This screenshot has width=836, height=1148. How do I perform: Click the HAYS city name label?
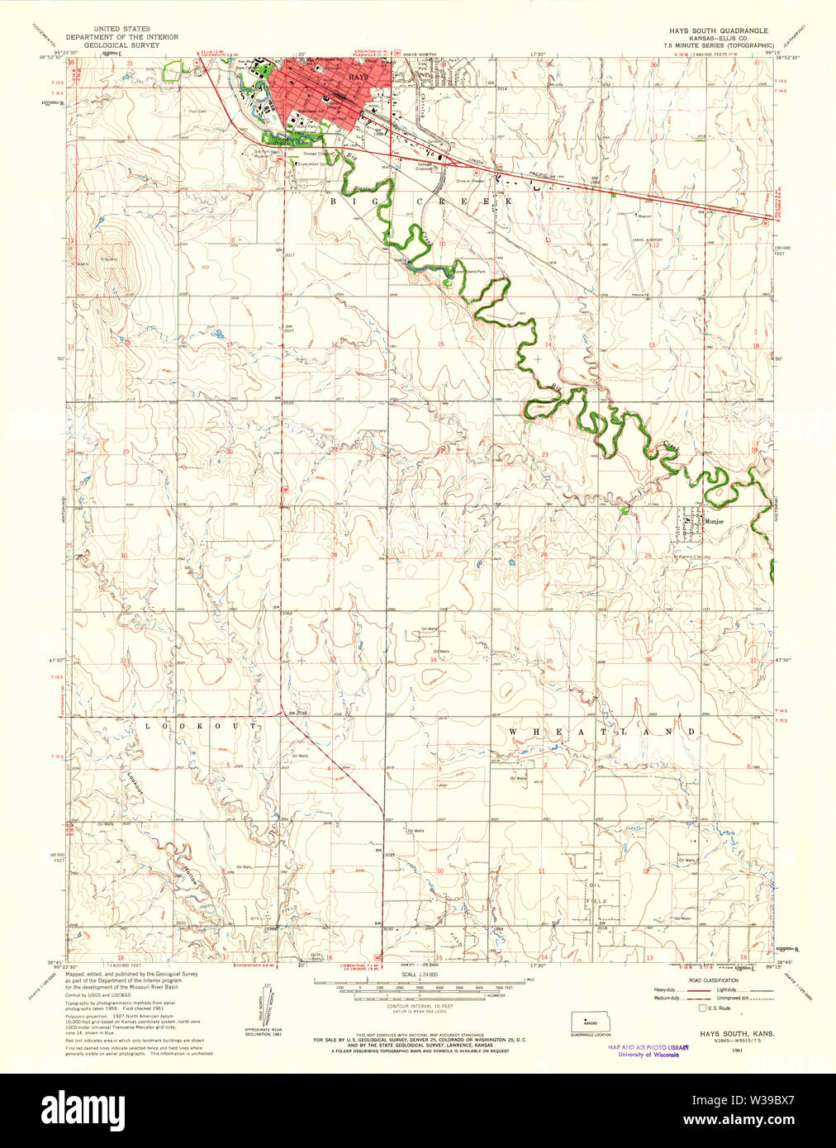click(359, 76)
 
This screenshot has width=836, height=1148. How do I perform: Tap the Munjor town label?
click(714, 522)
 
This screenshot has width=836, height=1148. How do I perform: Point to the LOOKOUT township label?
click(202, 725)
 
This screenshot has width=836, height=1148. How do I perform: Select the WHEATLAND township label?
click(602, 733)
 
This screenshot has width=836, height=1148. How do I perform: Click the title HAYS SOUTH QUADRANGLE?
click(718, 29)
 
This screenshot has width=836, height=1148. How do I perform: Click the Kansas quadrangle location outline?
click(590, 1022)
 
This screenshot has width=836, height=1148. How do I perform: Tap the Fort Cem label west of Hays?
click(197, 111)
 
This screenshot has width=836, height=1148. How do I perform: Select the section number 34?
click(433, 660)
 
